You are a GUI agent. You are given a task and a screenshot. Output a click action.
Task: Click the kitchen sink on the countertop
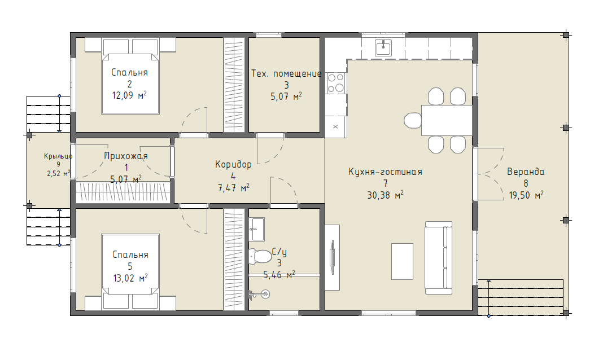pyautogui.click(x=383, y=48)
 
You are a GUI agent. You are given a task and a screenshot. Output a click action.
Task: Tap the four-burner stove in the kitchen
pyautogui.click(x=335, y=83)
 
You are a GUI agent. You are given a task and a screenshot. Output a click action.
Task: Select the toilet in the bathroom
pyautogui.click(x=260, y=256)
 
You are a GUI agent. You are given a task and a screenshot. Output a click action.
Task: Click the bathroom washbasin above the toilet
pyautogui.click(x=257, y=229)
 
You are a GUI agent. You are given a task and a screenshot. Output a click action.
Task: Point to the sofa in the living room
pyautogui.click(x=439, y=257)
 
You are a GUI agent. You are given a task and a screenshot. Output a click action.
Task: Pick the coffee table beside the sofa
pyautogui.click(x=402, y=261)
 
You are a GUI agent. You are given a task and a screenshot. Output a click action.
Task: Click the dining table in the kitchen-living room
pyautogui.click(x=447, y=120)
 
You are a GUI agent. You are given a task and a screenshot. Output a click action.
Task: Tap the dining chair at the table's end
pyautogui.click(x=413, y=120)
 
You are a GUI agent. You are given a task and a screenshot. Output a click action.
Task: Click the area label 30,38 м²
pyautogui.click(x=386, y=195)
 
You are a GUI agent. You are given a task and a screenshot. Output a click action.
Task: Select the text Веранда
pyautogui.click(x=526, y=172)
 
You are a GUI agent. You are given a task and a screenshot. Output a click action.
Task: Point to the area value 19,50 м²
pyautogui.click(x=526, y=195)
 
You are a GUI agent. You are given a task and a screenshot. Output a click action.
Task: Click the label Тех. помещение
pyautogui.click(x=286, y=73)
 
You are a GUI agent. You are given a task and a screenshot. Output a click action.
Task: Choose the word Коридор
pyautogui.click(x=233, y=164)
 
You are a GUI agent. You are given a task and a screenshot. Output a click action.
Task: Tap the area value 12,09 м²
pyautogui.click(x=129, y=95)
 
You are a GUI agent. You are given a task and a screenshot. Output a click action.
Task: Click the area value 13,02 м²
pyautogui.click(x=130, y=278)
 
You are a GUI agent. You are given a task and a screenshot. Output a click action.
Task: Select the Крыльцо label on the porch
pyautogui.click(x=58, y=156)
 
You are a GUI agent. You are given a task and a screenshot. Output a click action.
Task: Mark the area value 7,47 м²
pyautogui.click(x=233, y=188)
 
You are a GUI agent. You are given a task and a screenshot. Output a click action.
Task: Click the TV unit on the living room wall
pyautogui.click(x=333, y=257)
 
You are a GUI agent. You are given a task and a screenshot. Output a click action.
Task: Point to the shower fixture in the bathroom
pyautogui.click(x=259, y=293)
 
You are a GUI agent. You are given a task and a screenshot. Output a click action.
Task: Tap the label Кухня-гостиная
pyautogui.click(x=386, y=172)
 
